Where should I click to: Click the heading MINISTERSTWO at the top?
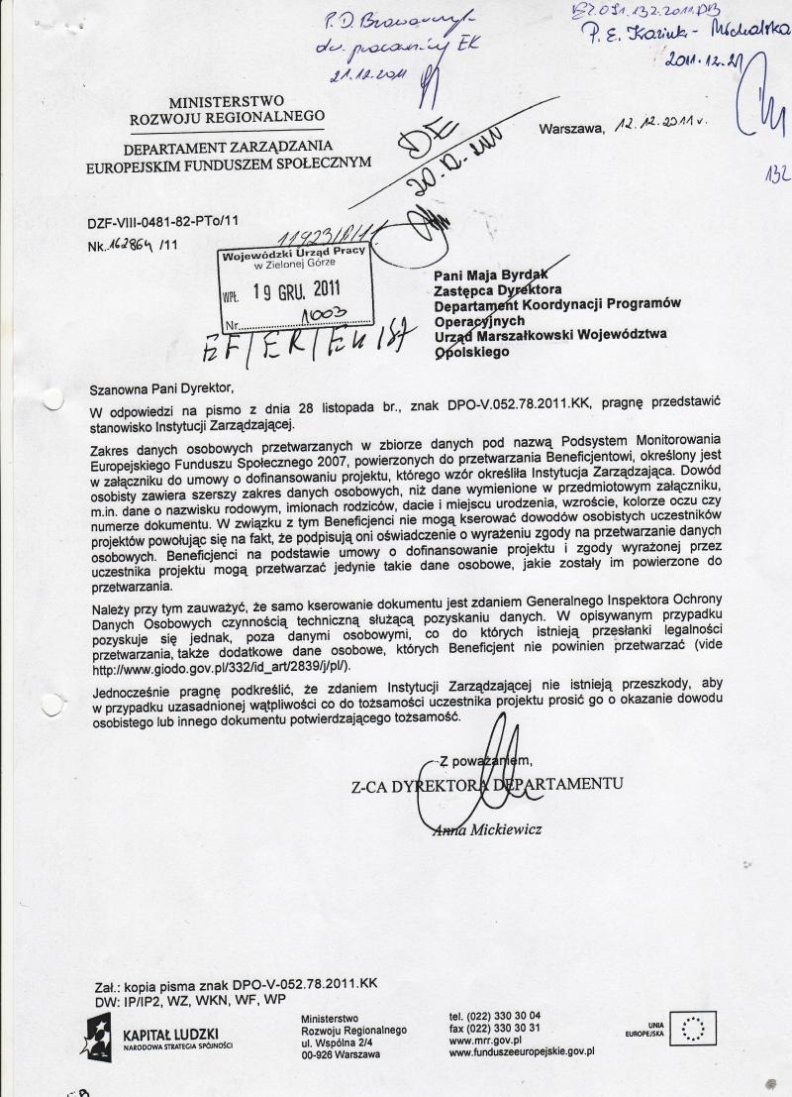click(x=227, y=101)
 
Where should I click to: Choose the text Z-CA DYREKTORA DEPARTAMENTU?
click(x=486, y=785)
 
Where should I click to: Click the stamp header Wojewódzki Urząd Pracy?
click(x=294, y=253)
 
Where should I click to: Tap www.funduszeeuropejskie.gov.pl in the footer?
click(x=521, y=1053)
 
